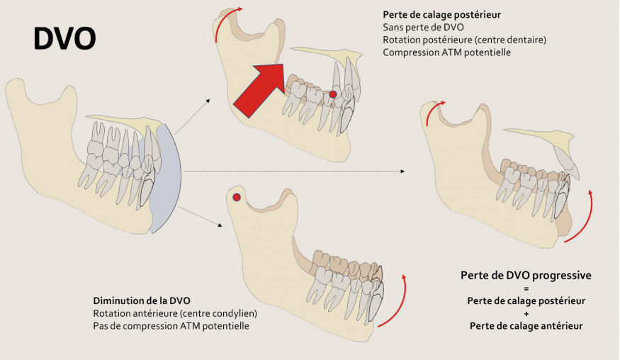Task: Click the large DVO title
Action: point(64,39)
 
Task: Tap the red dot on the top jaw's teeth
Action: point(332,94)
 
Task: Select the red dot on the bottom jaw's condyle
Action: point(237,197)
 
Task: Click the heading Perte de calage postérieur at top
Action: point(443,14)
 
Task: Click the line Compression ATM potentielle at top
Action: point(446,52)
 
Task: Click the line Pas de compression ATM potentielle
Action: point(171,325)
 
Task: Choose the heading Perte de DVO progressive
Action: point(526,275)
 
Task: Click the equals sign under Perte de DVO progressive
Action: point(526,288)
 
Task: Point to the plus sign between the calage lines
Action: point(526,313)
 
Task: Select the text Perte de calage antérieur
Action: point(526,325)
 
